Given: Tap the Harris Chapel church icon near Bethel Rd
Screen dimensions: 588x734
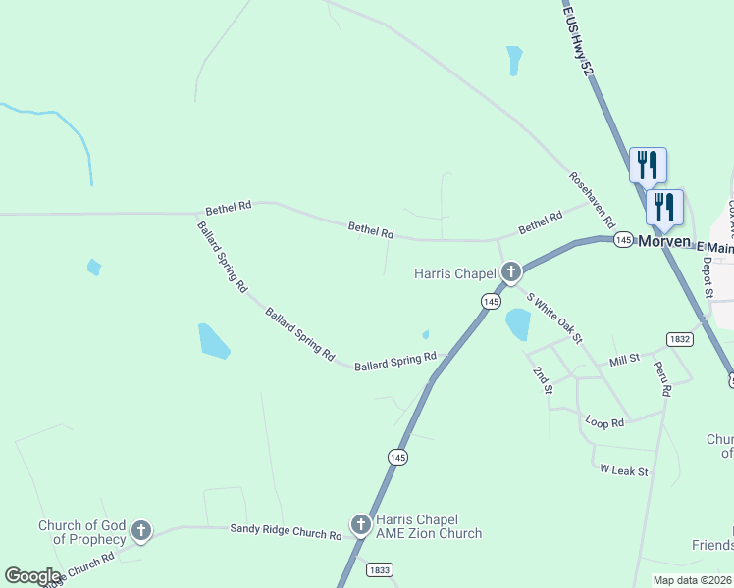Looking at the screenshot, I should coord(510,271).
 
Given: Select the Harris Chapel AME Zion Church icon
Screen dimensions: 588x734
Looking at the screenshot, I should coord(360,524).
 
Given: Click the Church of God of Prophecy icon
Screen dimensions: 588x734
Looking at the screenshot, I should coord(141,531).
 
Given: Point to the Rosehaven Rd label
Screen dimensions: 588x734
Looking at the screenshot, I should coord(592,198).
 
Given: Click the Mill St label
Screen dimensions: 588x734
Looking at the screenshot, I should coord(624,360).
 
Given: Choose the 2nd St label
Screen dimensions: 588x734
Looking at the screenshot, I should coord(542,380).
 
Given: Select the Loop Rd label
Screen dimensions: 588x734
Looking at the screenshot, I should coord(604,422).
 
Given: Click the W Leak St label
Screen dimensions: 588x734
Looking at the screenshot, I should coord(625,471).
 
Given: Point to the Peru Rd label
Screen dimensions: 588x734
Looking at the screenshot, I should coord(665,377).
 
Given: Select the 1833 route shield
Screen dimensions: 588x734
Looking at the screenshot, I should coord(380,569).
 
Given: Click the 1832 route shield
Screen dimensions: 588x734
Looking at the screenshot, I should coord(679,338).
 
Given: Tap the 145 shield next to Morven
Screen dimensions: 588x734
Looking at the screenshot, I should coord(622,240).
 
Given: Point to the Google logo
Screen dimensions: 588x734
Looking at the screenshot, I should coord(32,576).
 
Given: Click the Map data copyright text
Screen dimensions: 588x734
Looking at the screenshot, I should coord(691,580).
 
